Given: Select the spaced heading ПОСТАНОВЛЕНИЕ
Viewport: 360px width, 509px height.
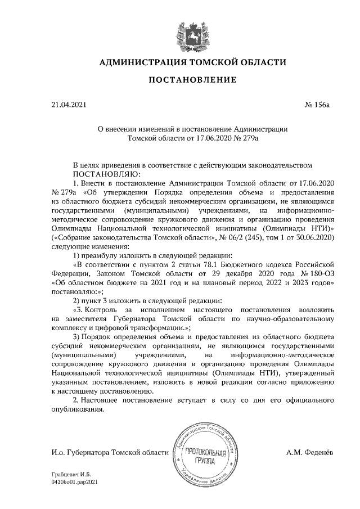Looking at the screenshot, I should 192,81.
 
